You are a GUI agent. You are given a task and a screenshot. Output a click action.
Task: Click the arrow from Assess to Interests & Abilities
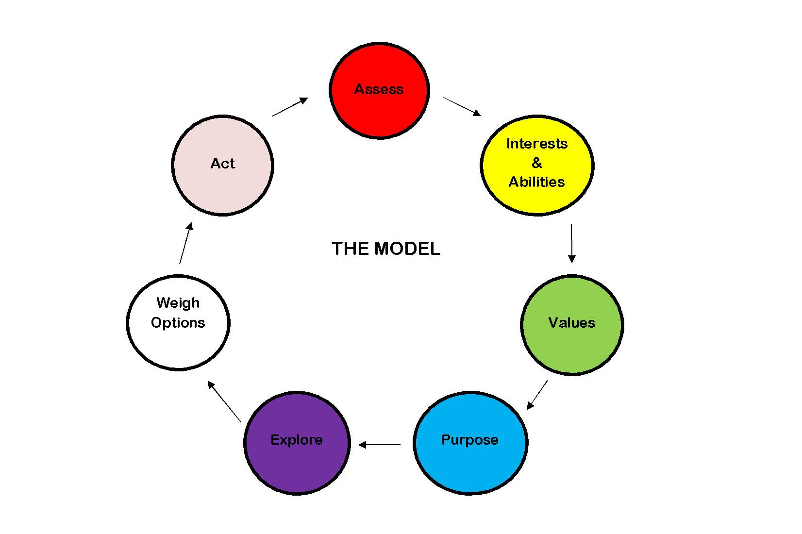(462, 106)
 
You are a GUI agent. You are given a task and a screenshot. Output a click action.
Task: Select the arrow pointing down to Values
(571, 243)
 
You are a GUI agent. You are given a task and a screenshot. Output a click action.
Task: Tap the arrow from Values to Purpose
(537, 394)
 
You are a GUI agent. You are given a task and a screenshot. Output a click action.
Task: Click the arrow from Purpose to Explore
(380, 444)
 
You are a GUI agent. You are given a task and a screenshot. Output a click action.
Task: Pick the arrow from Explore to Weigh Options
(224, 401)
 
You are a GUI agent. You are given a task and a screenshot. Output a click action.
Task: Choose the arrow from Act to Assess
(290, 107)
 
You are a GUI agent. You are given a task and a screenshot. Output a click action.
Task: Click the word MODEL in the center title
(407, 249)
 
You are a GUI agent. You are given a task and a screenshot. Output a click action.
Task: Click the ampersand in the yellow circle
(537, 163)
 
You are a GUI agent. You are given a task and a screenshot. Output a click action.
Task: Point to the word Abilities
(537, 182)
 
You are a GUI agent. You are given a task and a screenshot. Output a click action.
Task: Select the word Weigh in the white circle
(178, 303)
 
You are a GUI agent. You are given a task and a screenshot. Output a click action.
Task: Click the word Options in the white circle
(178, 323)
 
